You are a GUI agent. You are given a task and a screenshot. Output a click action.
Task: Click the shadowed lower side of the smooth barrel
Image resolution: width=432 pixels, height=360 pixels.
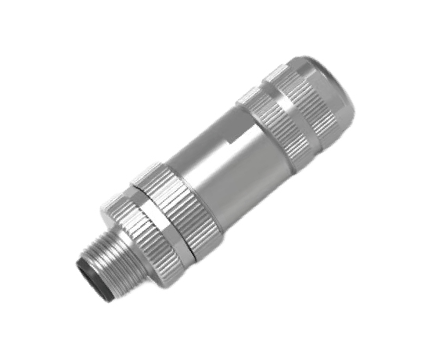235,188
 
